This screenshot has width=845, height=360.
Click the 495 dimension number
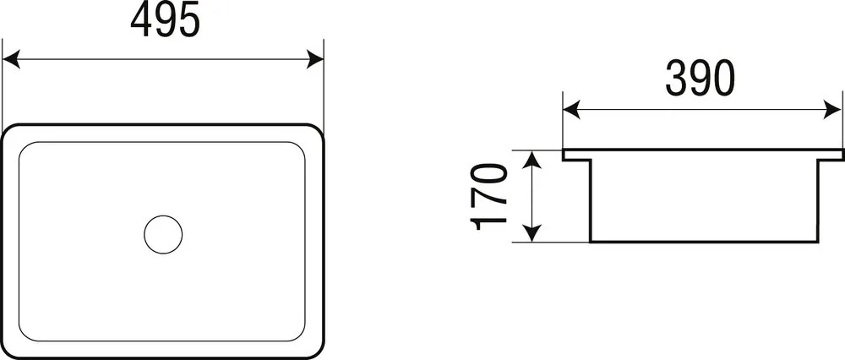[x=165, y=20]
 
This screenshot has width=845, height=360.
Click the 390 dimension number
[x=700, y=78]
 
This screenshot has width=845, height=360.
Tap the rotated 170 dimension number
[x=489, y=197]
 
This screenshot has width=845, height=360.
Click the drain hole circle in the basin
[x=163, y=234]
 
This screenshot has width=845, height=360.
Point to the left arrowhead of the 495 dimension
[x=11, y=59]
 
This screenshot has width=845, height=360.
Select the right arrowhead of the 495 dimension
[x=314, y=59]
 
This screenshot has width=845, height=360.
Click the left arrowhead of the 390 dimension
[x=572, y=109]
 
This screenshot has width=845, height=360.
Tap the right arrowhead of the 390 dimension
[x=833, y=109]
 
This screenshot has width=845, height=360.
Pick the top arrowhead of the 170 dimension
[x=532, y=160]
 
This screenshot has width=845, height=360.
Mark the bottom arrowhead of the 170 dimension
[x=532, y=232]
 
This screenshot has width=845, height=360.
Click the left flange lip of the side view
[x=576, y=155]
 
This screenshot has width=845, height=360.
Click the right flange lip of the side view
[x=831, y=155]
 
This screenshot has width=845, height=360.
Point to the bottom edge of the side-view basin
[x=705, y=242]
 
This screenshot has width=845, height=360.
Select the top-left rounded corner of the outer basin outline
[x=9, y=130]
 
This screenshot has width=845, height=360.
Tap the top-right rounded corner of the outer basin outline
[x=318, y=130]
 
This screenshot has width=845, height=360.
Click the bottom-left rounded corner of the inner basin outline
[x=24, y=335]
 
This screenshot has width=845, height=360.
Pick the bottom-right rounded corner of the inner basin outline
[x=300, y=335]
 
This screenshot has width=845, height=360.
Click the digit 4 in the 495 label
[x=142, y=20]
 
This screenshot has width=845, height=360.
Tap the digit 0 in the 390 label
[x=723, y=78]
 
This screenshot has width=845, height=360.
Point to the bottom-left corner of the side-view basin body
[x=591, y=242]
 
